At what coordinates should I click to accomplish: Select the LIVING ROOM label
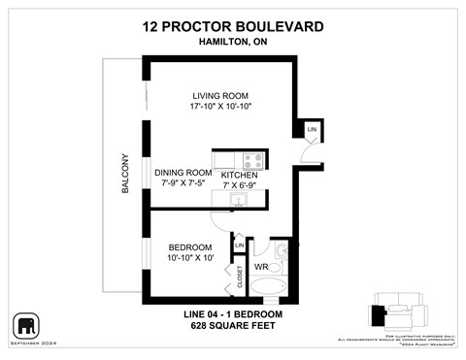coord(220,95)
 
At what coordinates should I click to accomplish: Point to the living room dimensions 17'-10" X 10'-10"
coord(220,107)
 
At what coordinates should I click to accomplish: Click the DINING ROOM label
coord(183,173)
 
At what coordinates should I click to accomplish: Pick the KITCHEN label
coord(239,175)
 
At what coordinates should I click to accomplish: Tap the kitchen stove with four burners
coord(252,160)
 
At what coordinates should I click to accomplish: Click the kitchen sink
coord(237,200)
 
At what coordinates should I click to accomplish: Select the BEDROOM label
coord(177,246)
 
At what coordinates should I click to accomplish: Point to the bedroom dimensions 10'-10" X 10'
coord(177,258)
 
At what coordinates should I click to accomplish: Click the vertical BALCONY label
coord(125,175)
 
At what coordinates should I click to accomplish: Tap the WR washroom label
coord(261,267)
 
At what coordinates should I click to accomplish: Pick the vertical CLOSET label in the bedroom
coord(239,278)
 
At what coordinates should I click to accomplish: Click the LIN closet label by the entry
coord(312,130)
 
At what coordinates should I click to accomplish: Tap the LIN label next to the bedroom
coord(239,245)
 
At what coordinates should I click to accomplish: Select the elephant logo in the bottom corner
coord(26,323)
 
